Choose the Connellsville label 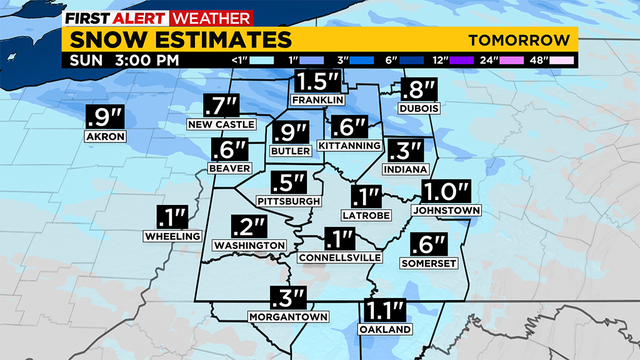click(340, 257)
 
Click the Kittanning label click(349, 146)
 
